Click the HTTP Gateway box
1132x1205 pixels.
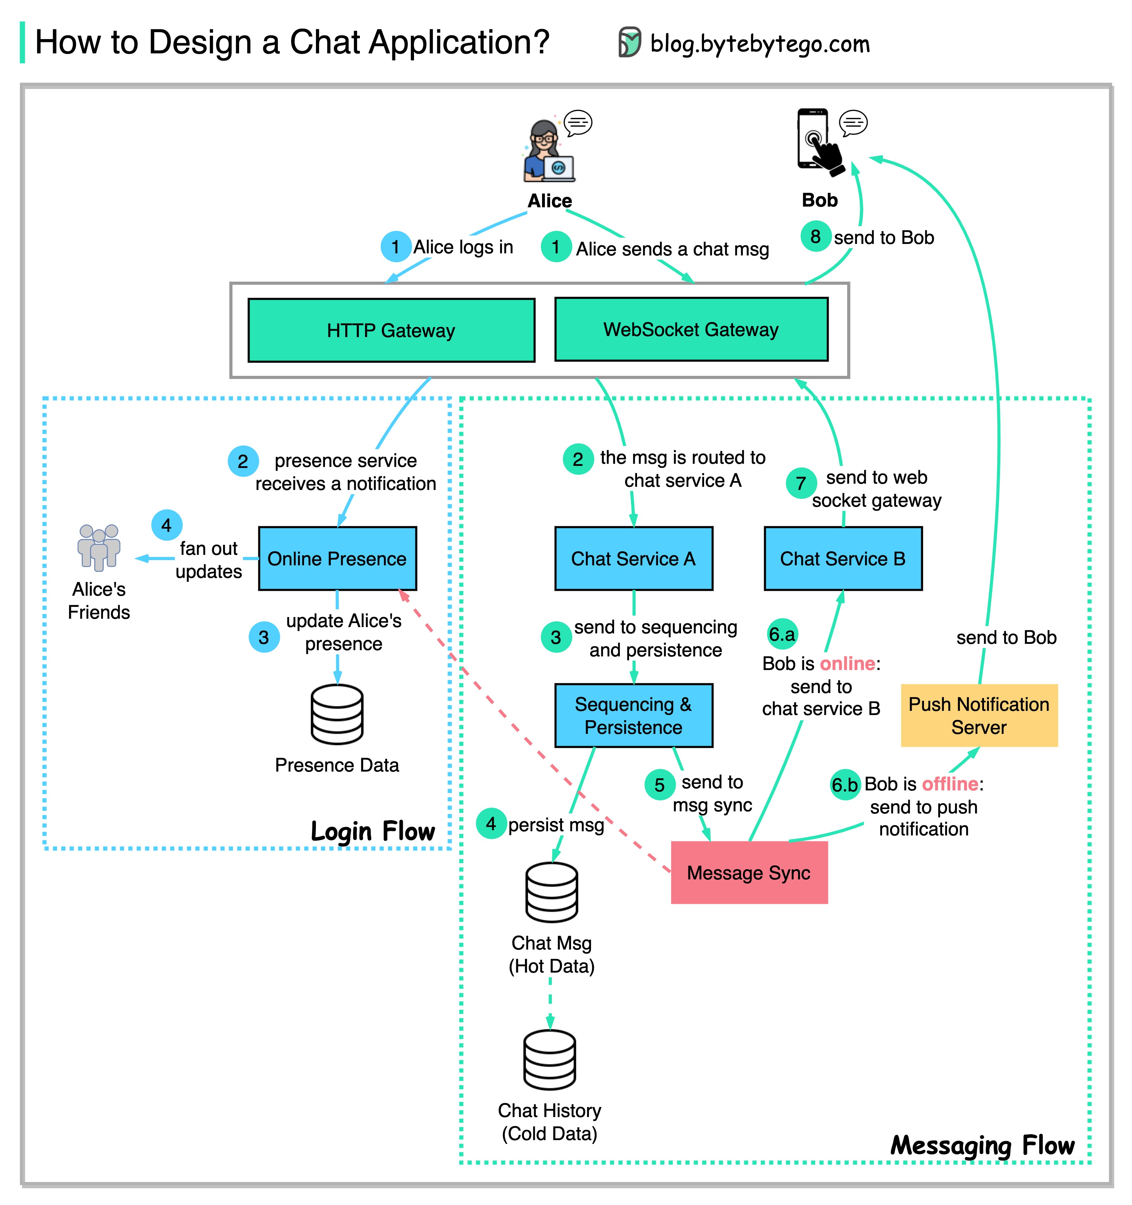[391, 330]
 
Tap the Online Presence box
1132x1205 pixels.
[337, 558]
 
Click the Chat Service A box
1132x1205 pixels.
[634, 558]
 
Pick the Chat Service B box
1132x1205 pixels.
[843, 558]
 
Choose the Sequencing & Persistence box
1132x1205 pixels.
[634, 715]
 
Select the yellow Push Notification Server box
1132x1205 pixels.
[979, 715]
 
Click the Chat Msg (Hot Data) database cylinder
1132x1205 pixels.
[551, 892]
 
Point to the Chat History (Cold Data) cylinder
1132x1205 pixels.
[549, 1059]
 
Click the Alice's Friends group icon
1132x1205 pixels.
[99, 547]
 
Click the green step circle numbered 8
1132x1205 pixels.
[815, 236]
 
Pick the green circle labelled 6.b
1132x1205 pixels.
[845, 785]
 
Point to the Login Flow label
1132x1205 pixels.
[372, 831]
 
